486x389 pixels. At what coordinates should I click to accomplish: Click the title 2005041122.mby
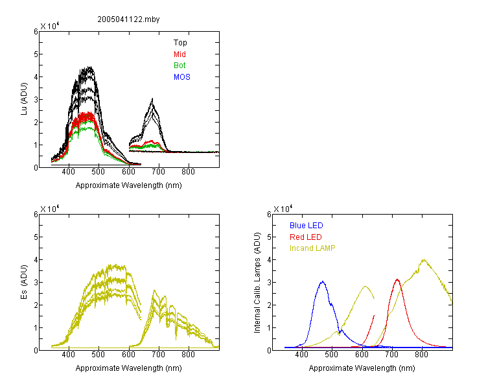tap(128, 19)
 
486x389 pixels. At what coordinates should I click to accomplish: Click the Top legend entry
tap(180, 43)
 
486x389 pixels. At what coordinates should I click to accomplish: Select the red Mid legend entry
tap(179, 54)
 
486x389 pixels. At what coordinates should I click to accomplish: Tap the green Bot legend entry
tap(179, 65)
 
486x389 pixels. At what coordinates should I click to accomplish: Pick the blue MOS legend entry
tap(182, 77)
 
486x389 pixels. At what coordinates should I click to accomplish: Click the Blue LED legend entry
tap(307, 226)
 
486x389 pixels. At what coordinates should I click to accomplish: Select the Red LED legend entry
tap(306, 237)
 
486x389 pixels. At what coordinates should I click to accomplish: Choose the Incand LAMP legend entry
tap(312, 248)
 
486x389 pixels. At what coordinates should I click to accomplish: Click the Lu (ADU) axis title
tap(24, 99)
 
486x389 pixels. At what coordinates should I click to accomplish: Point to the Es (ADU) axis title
tap(24, 282)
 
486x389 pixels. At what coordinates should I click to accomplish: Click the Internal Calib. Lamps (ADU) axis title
tap(257, 283)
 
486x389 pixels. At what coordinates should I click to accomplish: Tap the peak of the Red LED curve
tap(397, 279)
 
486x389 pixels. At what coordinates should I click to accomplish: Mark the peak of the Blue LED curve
tap(323, 281)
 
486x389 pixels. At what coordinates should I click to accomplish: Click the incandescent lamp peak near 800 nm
tap(424, 259)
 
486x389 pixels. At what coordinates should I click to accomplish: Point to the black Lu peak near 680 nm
tap(152, 99)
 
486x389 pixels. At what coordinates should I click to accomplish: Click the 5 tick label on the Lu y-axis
tap(36, 54)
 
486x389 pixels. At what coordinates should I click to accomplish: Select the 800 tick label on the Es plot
tap(188, 355)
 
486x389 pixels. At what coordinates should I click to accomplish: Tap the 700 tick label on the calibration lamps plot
tap(392, 355)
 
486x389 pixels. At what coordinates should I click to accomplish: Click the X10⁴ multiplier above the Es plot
tap(50, 209)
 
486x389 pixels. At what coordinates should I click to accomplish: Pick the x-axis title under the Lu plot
tap(129, 185)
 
